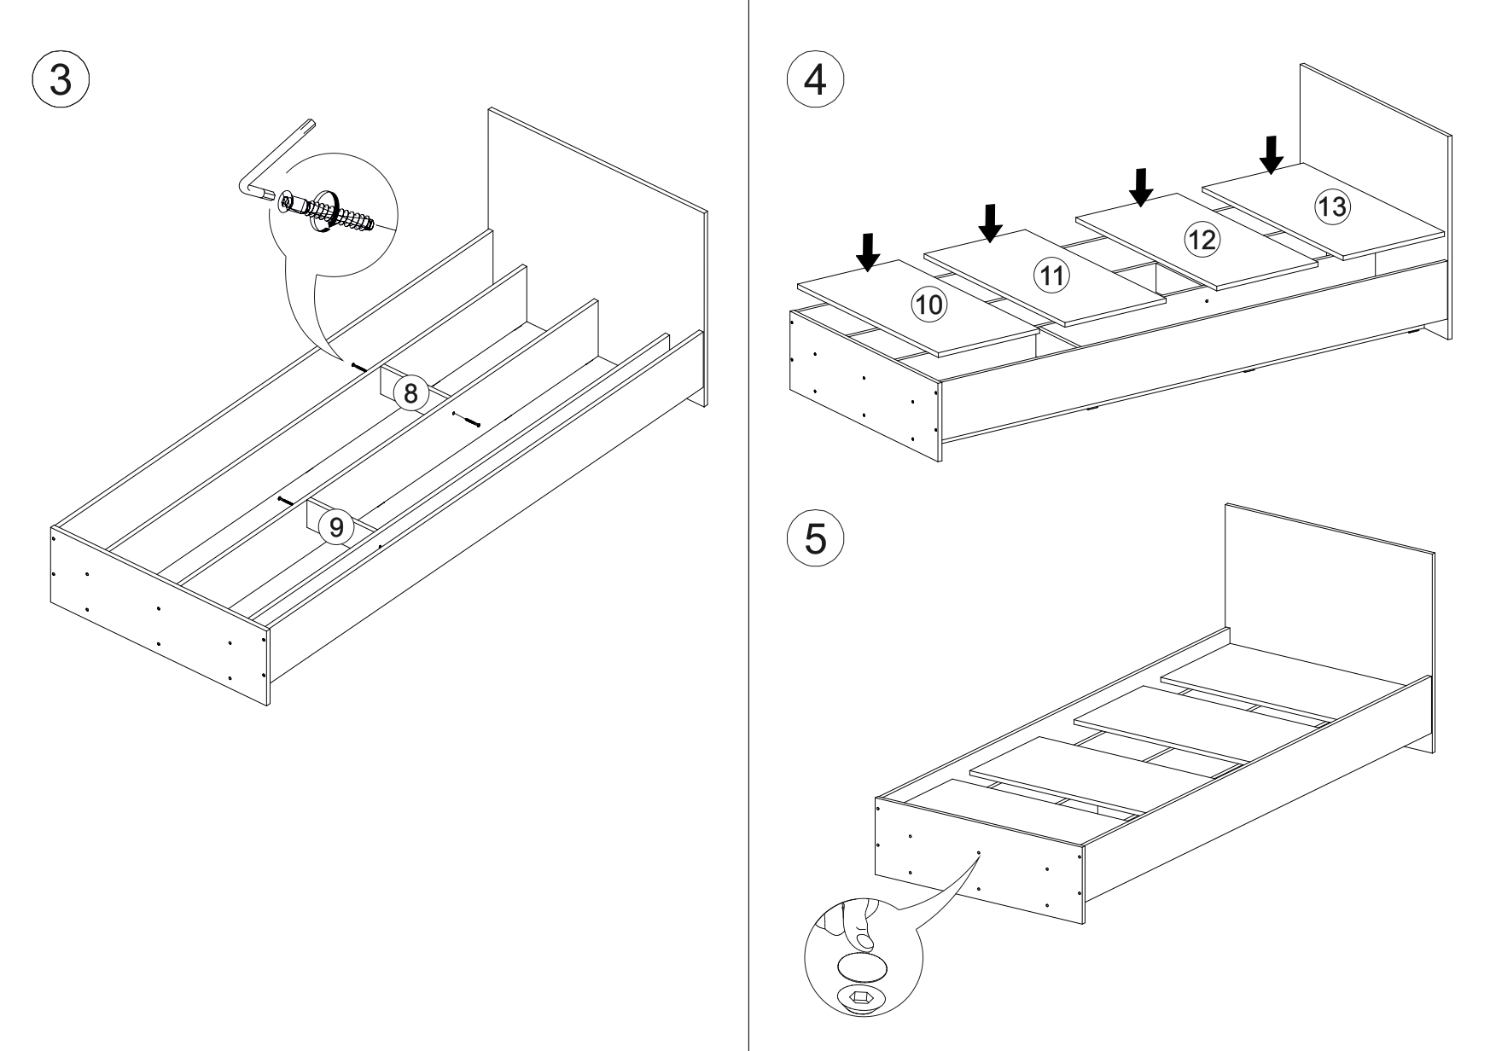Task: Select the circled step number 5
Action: pyautogui.click(x=815, y=539)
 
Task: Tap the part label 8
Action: pyautogui.click(x=411, y=394)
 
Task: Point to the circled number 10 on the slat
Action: pyautogui.click(x=929, y=304)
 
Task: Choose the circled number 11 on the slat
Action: pyautogui.click(x=1051, y=275)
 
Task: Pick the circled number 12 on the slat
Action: pyautogui.click(x=1202, y=240)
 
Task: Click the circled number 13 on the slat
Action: pyautogui.click(x=1331, y=206)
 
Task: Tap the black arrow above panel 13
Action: pyautogui.click(x=1272, y=154)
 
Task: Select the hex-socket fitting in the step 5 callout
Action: pyautogui.click(x=862, y=997)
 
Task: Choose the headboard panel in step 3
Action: pyautogui.click(x=597, y=247)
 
